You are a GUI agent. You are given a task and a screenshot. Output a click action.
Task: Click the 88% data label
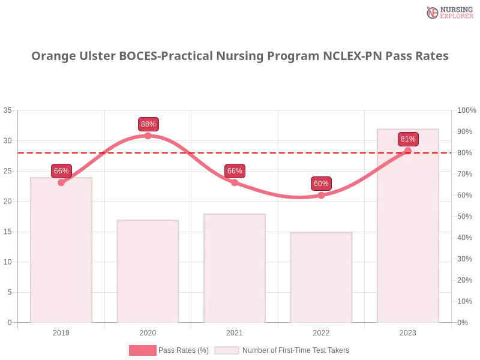[148, 124]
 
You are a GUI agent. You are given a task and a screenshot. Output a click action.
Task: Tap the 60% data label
[321, 184]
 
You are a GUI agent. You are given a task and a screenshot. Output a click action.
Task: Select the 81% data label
[408, 139]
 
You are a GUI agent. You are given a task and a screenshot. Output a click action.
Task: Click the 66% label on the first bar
[61, 171]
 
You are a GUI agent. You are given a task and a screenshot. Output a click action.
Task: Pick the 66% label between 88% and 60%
[235, 171]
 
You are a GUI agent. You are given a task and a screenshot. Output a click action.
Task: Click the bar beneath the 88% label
[148, 270]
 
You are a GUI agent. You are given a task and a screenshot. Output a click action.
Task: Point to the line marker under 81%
[408, 151]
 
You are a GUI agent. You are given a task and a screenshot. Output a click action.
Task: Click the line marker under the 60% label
[321, 196]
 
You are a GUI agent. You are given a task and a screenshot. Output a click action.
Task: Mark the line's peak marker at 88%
[148, 136]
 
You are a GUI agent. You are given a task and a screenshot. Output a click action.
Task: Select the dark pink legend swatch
[142, 350]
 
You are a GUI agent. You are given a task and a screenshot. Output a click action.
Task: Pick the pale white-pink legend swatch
[227, 350]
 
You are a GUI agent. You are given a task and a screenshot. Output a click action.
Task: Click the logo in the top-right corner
[448, 12]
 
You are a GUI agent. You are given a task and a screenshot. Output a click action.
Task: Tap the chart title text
[240, 56]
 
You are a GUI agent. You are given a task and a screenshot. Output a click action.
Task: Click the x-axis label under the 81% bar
[408, 331]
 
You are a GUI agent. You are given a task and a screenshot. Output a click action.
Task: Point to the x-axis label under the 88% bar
[148, 331]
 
